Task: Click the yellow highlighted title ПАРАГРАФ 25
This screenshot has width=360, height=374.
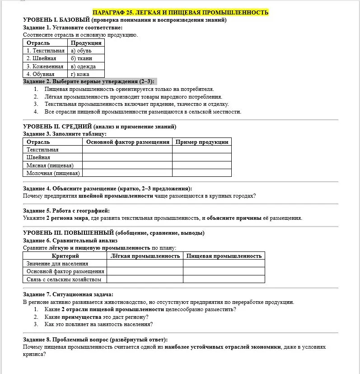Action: click(x=180, y=12)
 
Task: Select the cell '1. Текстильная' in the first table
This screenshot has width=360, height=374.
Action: click(x=45, y=51)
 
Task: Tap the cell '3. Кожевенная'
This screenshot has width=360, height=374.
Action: click(x=45, y=66)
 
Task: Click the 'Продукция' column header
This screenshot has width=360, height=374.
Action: click(x=86, y=43)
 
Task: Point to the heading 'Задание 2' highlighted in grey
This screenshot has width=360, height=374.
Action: click(x=89, y=81)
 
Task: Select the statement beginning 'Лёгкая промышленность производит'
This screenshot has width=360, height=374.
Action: click(x=133, y=97)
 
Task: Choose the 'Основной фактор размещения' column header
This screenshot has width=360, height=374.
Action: click(x=127, y=142)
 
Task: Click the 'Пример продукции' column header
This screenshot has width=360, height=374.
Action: click(x=202, y=142)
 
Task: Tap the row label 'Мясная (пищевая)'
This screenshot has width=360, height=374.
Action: click(x=50, y=166)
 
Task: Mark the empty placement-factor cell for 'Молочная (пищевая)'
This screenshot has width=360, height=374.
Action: click(x=127, y=173)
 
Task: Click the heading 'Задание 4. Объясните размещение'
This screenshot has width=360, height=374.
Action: click(x=107, y=189)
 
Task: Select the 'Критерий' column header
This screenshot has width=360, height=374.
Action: click(x=65, y=256)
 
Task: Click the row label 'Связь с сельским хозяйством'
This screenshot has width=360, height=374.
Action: click(x=64, y=279)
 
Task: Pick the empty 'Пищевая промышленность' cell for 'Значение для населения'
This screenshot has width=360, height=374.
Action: click(x=224, y=264)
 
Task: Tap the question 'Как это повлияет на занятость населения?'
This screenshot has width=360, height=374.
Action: click(x=98, y=324)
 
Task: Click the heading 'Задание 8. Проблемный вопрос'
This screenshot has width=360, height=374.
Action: click(x=95, y=340)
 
